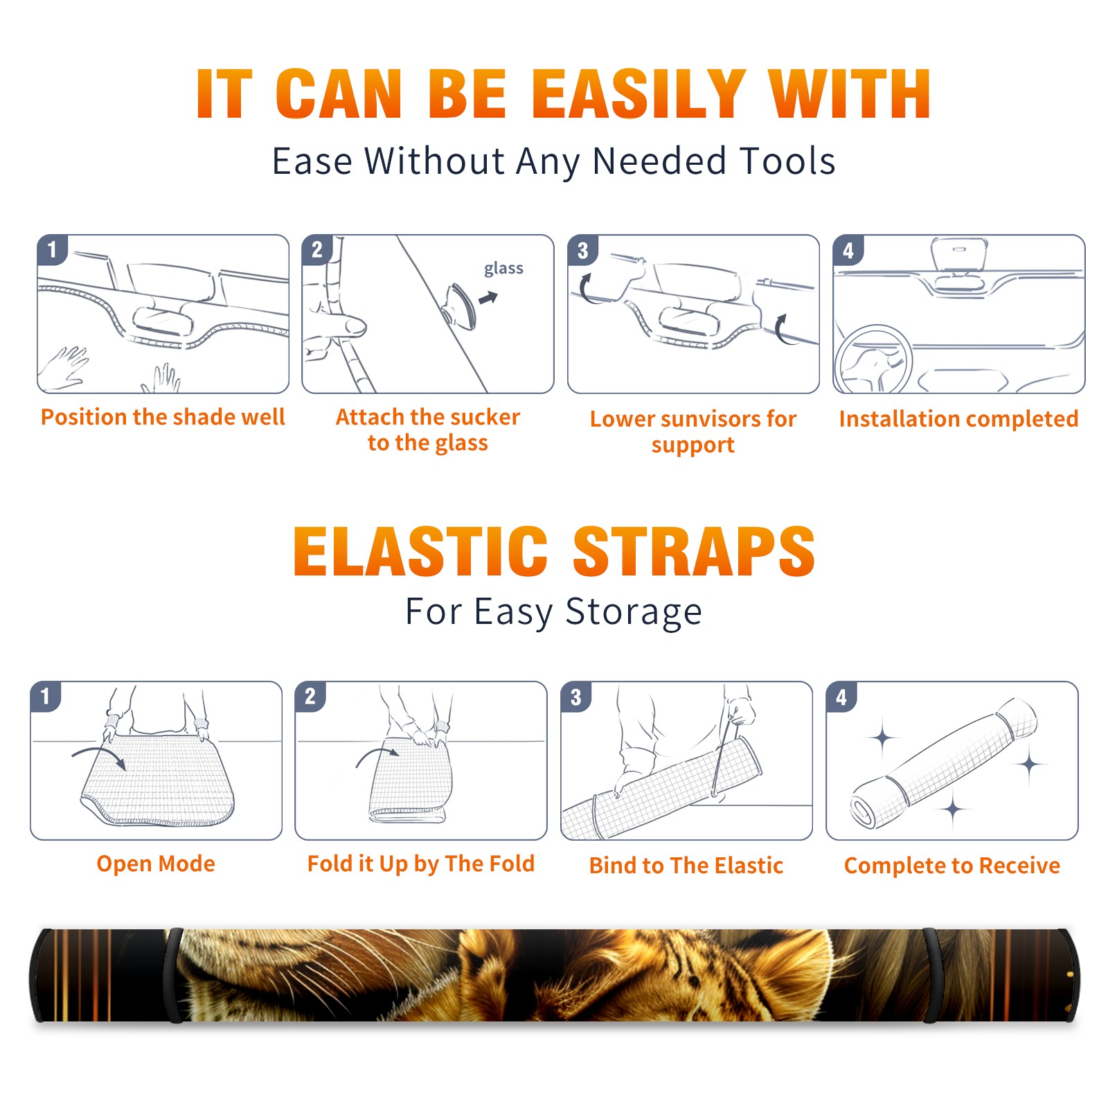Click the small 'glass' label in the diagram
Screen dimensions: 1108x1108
(503, 268)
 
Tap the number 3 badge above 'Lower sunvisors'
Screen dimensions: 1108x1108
(582, 250)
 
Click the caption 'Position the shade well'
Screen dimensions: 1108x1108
(163, 417)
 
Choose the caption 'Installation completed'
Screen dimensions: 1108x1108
(958, 419)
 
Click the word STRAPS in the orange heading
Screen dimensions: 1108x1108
(694, 551)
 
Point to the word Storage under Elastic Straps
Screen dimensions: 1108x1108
(634, 612)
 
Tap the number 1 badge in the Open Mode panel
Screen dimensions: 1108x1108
(46, 696)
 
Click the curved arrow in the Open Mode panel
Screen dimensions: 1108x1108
(99, 753)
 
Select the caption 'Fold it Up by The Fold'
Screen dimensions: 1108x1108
(421, 864)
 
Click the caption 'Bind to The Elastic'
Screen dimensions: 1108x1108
(686, 866)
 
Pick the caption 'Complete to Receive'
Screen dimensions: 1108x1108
(952, 866)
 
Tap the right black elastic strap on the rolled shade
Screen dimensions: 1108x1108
(932, 976)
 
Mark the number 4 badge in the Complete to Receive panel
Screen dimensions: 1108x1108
(841, 697)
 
